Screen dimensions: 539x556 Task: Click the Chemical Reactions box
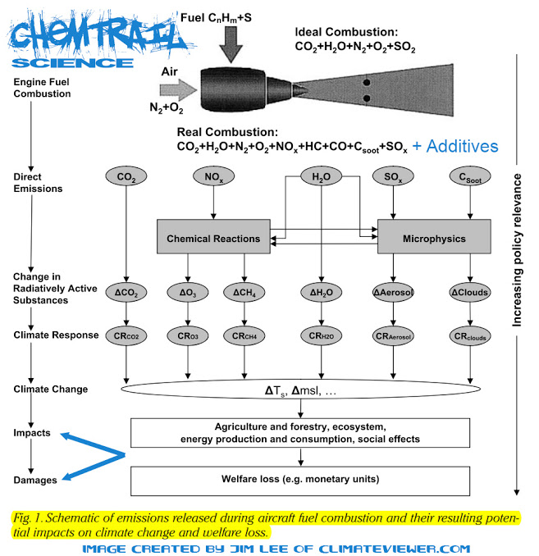coord(213,236)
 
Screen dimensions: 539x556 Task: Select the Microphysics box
coord(434,236)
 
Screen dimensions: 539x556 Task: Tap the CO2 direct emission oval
coord(126,176)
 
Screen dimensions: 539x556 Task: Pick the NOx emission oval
coord(213,176)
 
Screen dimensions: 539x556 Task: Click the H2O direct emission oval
coord(321,176)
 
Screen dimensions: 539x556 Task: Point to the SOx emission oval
coord(393,176)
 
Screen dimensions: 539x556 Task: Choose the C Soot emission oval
coord(470,176)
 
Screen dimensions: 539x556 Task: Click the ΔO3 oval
coord(188,293)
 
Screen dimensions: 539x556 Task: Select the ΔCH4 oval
coord(244,293)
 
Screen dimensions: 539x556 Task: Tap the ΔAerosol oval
coord(393,293)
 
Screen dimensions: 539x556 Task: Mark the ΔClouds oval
coord(470,293)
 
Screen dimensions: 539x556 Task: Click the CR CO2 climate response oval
coord(126,335)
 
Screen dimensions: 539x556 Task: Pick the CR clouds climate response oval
coord(470,335)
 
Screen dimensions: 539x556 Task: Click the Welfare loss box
coord(300,481)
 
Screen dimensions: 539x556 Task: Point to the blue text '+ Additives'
coord(455,146)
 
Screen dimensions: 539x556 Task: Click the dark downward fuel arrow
coord(231,44)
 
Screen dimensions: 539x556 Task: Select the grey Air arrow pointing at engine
coord(178,89)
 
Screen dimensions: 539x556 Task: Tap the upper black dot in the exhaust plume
coord(367,83)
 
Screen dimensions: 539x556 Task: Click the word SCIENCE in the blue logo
coord(73,63)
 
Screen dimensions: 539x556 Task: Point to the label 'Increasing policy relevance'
coord(517,250)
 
